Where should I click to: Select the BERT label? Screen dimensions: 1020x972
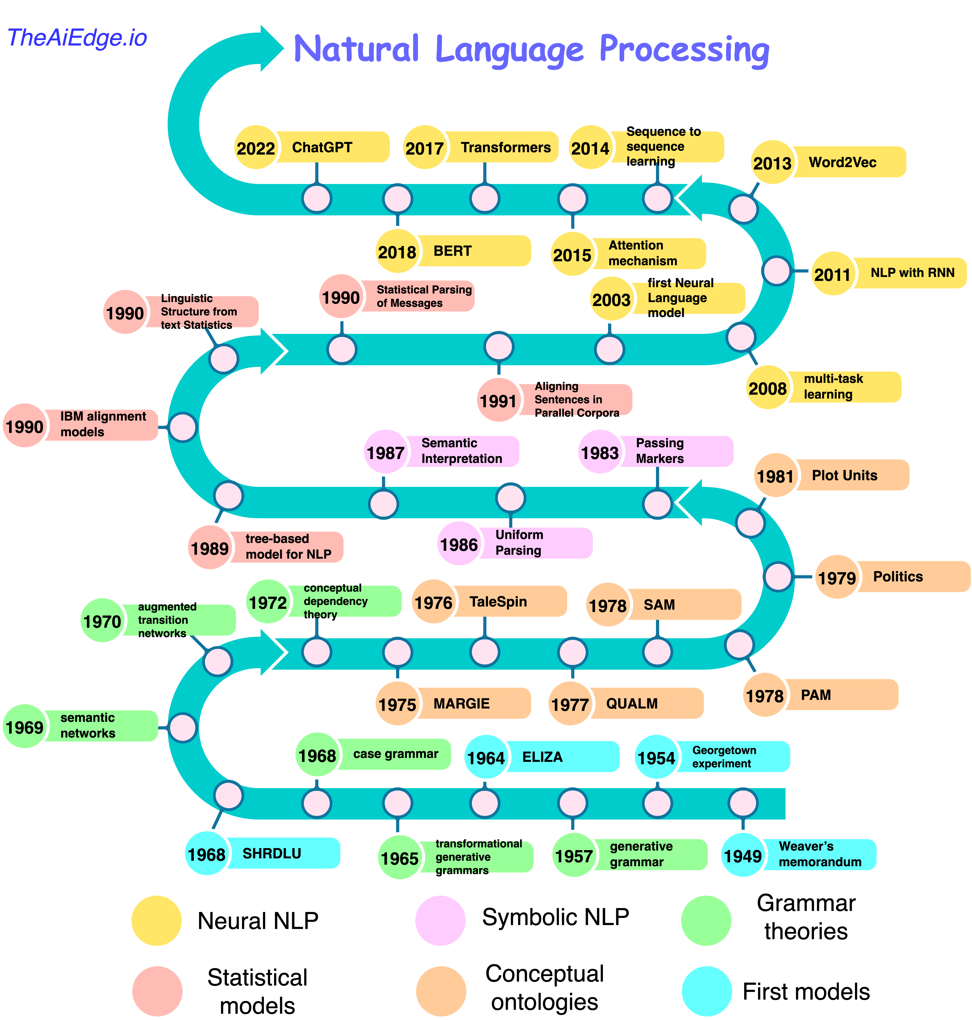pos(452,251)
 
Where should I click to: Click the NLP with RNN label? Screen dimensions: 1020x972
pos(912,273)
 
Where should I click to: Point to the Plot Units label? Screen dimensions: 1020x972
pos(845,475)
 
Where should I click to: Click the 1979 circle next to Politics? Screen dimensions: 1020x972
pos(837,577)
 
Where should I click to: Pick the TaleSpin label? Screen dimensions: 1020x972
pos(498,602)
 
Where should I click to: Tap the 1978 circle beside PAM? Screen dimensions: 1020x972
pos(765,695)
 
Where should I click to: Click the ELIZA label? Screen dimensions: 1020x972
pos(542,757)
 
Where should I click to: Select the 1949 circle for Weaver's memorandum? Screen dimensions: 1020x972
pos(743,855)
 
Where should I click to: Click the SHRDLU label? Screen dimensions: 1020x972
pos(271,853)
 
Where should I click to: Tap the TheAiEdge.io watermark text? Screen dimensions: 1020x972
pos(78,38)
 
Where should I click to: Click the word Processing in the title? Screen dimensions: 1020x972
pos(684,50)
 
